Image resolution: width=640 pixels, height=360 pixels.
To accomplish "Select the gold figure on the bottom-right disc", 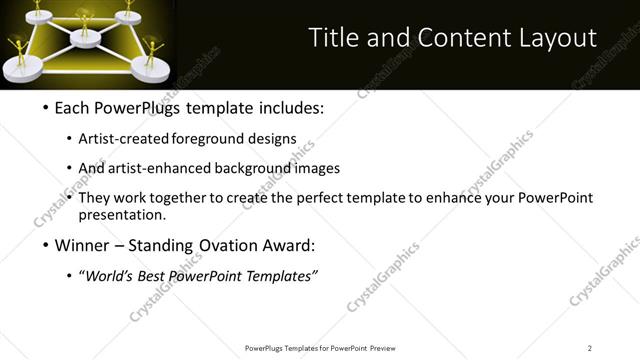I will click(153, 52).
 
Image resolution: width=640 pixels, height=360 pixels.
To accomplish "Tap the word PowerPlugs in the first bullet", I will click(131, 108).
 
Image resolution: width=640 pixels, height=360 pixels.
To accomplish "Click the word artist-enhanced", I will click(153, 168).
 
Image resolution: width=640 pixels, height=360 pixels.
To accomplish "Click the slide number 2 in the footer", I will click(590, 348).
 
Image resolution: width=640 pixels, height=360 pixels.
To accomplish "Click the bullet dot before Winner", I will click(46, 246).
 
